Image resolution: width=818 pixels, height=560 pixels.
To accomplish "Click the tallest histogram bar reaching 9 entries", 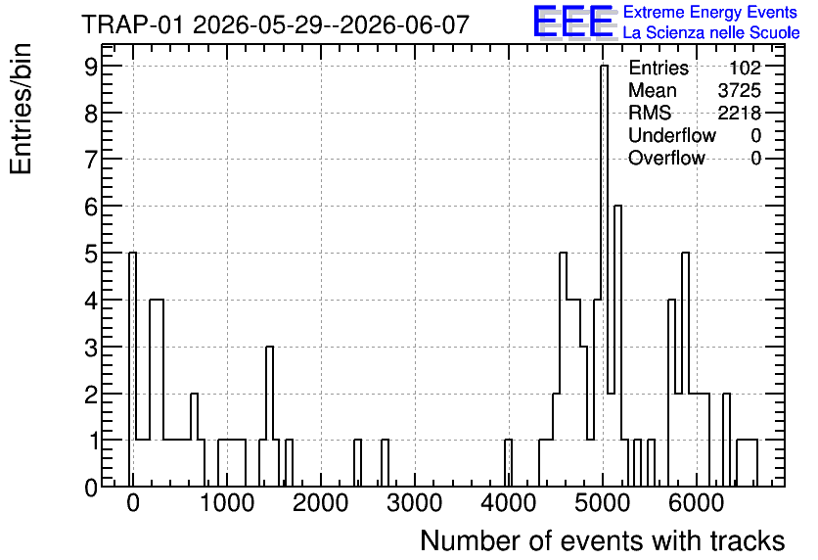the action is point(604,276).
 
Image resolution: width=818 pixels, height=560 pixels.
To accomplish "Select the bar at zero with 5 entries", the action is point(132,369).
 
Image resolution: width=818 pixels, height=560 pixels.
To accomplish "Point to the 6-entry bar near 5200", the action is point(617,346).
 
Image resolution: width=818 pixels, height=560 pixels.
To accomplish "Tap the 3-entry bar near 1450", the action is point(269,416).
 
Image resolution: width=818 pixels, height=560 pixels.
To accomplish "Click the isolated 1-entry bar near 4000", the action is point(508,463).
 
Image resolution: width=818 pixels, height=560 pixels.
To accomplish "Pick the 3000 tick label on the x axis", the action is point(415,503).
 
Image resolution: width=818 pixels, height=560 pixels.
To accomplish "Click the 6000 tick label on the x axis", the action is point(696,503).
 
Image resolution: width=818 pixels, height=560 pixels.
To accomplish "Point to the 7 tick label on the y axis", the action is point(91,160).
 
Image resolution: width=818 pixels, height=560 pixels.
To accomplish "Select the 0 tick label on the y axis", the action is point(91,488).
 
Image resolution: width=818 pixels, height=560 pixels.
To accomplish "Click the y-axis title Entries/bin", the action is point(21,109).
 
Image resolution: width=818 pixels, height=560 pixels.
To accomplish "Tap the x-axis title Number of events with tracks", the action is point(603,540).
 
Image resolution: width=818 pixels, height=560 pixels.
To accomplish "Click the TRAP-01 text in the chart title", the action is point(132,24).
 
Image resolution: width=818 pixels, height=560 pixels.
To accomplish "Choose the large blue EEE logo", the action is point(572,22).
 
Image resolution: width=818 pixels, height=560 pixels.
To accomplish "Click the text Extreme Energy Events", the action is point(710,12).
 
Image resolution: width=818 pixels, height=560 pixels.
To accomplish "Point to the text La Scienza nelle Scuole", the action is point(711,33).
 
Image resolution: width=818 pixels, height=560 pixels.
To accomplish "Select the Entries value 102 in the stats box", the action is point(745,68).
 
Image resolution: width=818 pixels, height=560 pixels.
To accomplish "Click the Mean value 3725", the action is point(739,90).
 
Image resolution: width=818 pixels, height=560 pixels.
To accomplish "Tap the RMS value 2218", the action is point(739,113).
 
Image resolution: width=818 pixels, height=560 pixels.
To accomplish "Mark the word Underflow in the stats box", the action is point(672,135).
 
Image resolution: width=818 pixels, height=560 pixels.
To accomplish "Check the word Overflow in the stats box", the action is point(666,158).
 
